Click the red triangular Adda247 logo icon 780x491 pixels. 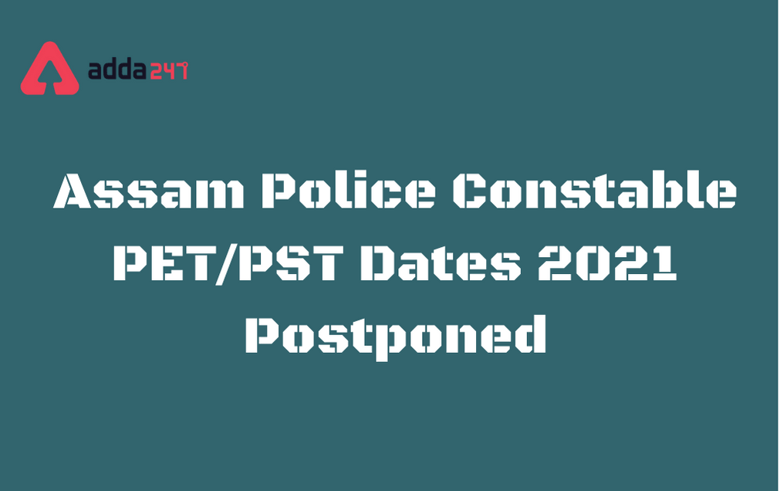pos(49,69)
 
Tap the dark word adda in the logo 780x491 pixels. pos(117,69)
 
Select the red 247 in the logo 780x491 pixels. pos(168,70)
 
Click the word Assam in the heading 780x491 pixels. pos(149,191)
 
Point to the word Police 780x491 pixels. pos(349,190)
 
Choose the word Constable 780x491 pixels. pos(595,190)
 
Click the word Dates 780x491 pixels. pos(441,262)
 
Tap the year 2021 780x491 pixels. pos(607,262)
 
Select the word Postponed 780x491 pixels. pos(396,336)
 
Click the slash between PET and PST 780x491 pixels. pos(227,265)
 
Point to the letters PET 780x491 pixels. pos(165,262)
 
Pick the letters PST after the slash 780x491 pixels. pos(291,262)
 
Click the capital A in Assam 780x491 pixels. pos(73,191)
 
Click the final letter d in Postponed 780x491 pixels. pos(530,334)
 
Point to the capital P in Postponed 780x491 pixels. pos(264,336)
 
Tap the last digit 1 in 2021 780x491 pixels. pos(662,262)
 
